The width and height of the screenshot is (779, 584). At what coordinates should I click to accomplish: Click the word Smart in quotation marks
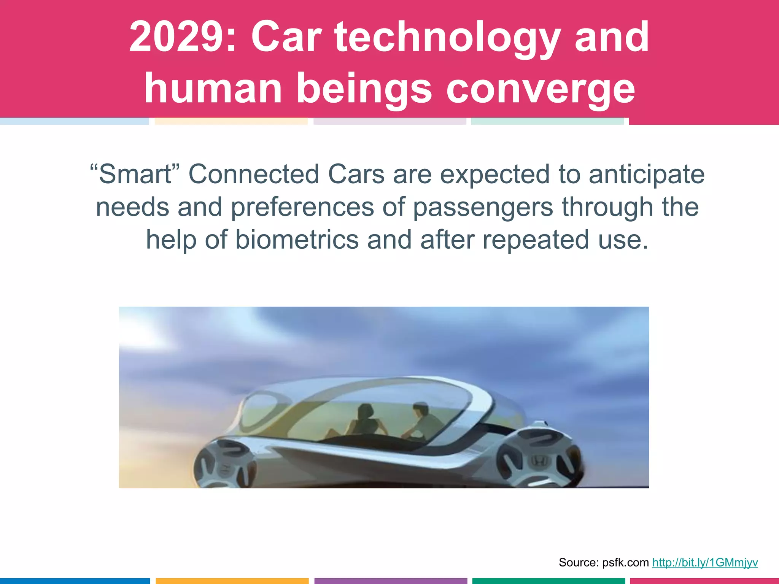(x=135, y=175)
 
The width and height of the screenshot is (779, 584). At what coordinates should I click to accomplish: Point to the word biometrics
(x=297, y=240)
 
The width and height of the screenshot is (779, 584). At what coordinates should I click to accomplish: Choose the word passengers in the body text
(x=483, y=207)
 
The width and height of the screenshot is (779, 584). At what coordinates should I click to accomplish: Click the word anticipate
(x=647, y=175)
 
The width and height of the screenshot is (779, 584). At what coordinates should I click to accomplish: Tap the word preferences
(x=302, y=207)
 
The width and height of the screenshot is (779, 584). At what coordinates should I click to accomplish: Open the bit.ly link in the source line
(x=705, y=562)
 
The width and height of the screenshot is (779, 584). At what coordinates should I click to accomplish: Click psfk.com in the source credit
(x=626, y=562)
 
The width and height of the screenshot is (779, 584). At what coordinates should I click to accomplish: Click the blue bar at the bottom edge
(x=75, y=581)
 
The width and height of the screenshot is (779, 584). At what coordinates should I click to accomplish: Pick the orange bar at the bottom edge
(x=232, y=581)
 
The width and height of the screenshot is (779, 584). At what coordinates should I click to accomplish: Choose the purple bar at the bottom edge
(x=391, y=581)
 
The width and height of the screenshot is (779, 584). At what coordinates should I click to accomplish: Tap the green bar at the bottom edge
(x=548, y=581)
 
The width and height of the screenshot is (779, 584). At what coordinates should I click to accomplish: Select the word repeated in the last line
(x=536, y=240)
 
